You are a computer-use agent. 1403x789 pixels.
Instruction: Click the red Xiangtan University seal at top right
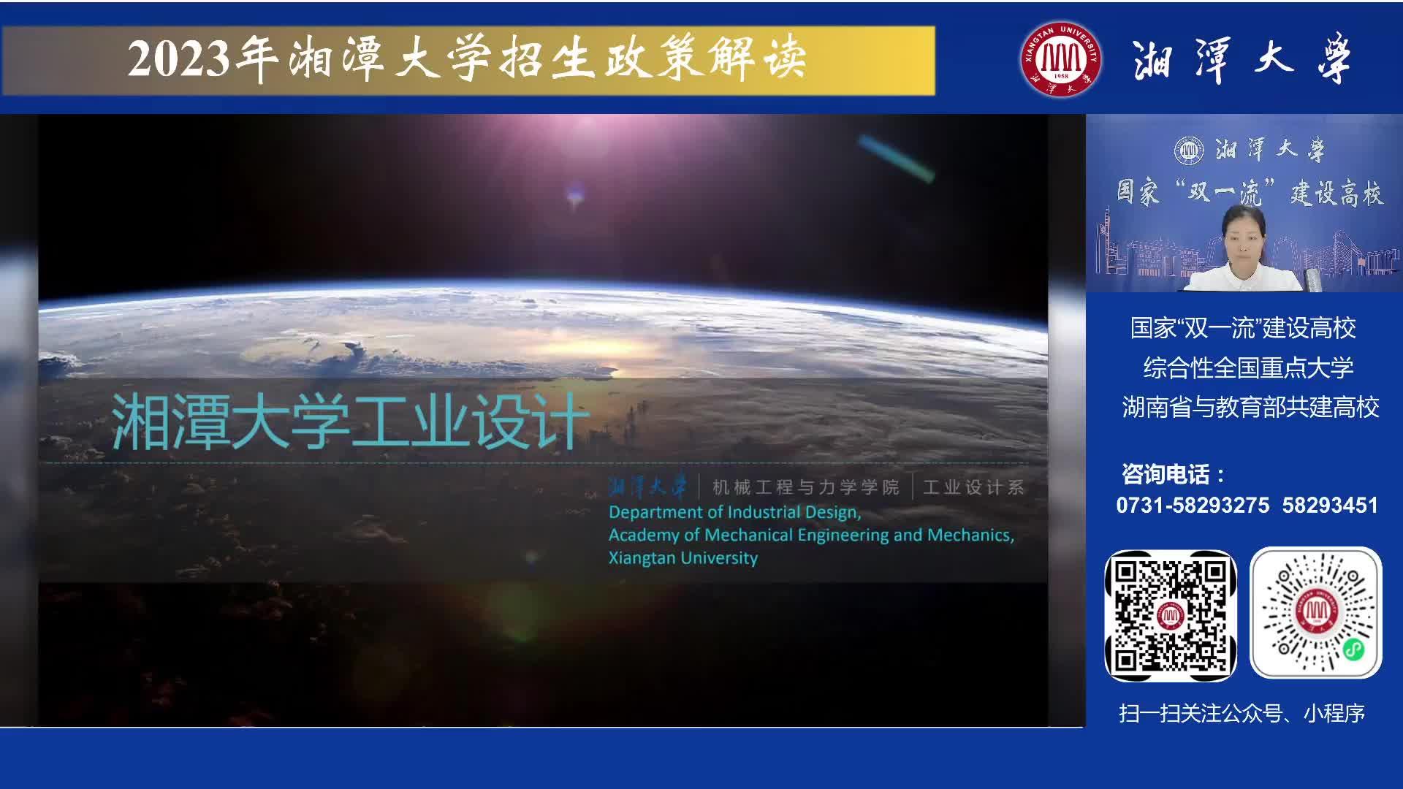click(x=1061, y=59)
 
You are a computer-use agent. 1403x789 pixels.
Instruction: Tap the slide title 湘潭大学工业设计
click(x=350, y=422)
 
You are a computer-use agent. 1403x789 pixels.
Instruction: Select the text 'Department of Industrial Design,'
click(x=735, y=512)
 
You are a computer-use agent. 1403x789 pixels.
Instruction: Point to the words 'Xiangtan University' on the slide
click(x=683, y=557)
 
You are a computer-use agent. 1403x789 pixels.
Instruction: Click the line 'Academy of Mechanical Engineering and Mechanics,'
click(x=812, y=535)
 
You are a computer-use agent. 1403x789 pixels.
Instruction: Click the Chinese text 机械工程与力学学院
click(x=806, y=487)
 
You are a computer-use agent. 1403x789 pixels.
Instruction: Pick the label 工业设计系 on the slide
click(x=974, y=487)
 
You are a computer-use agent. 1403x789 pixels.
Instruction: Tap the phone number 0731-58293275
click(x=1193, y=505)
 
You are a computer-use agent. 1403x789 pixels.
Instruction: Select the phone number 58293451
click(x=1330, y=505)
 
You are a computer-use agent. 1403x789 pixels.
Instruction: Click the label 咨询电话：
click(x=1174, y=474)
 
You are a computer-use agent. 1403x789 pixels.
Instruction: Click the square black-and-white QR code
click(x=1171, y=616)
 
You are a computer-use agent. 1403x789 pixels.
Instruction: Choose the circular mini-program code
click(x=1316, y=613)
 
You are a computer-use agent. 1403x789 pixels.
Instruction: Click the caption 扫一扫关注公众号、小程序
click(x=1242, y=713)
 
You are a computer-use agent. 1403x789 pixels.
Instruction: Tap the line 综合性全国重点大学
click(x=1249, y=367)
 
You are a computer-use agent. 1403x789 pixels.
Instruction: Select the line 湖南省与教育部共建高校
click(x=1250, y=407)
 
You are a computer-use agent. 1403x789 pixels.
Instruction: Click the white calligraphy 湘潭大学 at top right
click(x=1242, y=59)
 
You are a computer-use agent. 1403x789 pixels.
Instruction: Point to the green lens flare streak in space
click(x=896, y=157)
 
